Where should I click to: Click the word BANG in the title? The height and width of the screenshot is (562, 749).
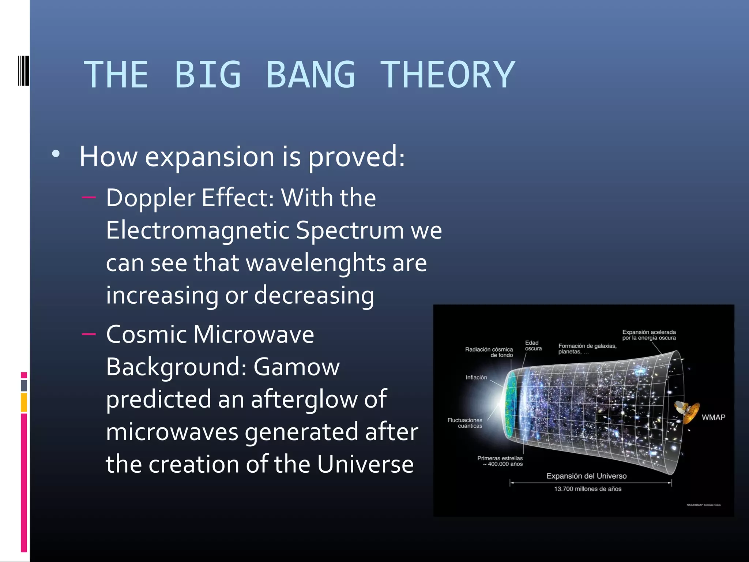[x=310, y=75]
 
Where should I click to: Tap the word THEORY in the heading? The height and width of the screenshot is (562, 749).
[x=448, y=75]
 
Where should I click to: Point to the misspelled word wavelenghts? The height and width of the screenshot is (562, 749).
[x=315, y=263]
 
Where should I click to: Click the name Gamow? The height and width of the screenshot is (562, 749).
[x=297, y=367]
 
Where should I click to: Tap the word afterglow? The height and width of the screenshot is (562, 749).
[x=318, y=399]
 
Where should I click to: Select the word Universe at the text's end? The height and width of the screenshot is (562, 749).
[x=365, y=464]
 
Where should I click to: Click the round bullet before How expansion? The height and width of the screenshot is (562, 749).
[x=56, y=154]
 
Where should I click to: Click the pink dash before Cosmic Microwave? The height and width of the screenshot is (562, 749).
[x=89, y=334]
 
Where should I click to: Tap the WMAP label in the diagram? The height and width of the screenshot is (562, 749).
[x=713, y=417]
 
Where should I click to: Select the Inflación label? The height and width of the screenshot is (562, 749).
[x=476, y=378]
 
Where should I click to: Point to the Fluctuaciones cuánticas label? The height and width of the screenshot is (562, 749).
[x=465, y=423]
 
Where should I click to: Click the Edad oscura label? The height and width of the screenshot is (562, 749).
[x=533, y=346]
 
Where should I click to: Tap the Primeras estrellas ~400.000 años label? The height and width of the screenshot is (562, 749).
[x=500, y=461]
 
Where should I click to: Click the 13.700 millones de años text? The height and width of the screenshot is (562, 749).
[x=588, y=489]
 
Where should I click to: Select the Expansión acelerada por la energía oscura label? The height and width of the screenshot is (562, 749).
[x=649, y=335]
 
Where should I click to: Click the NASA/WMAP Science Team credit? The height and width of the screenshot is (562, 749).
[x=703, y=505]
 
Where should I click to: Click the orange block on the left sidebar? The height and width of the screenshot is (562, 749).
[x=24, y=402]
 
